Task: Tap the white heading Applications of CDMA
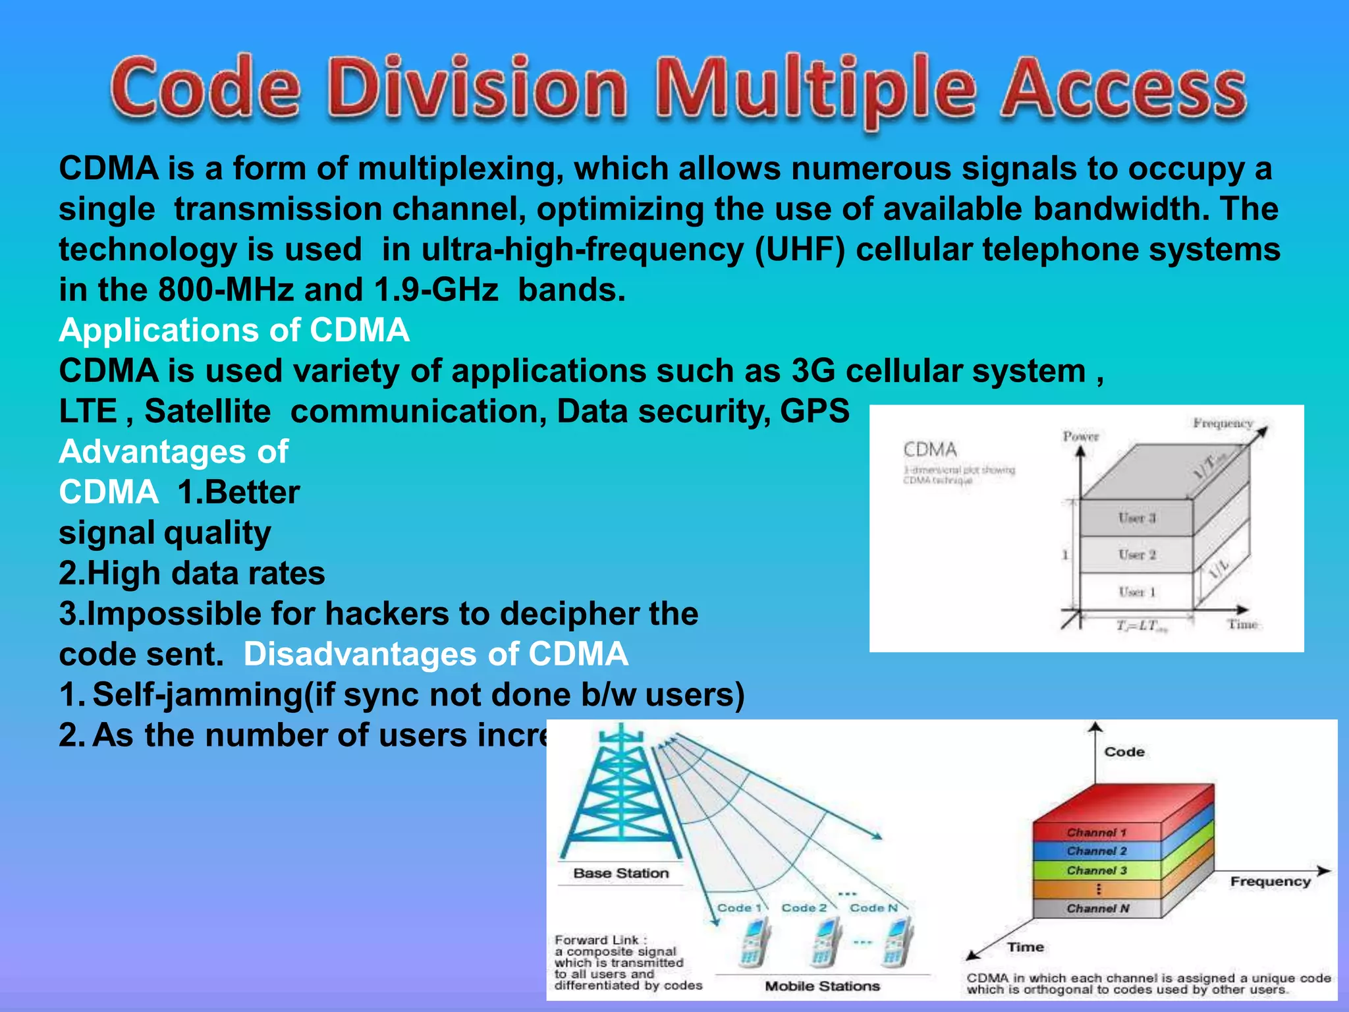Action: tap(234, 330)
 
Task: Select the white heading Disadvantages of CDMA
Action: tap(435, 654)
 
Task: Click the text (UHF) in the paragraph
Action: tap(800, 250)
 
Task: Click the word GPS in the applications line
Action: tap(815, 411)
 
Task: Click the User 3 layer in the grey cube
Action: tap(1137, 518)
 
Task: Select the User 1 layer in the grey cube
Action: tap(1137, 592)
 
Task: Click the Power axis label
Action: tap(1081, 436)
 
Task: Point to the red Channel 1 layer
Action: tap(1097, 832)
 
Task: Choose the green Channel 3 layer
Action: tap(1097, 870)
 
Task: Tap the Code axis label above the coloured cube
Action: tap(1124, 752)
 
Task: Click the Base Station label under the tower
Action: tap(620, 873)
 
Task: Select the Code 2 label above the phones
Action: tap(804, 908)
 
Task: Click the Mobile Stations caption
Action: tap(822, 986)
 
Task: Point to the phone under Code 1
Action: tap(752, 944)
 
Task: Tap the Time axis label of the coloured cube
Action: tap(1025, 947)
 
